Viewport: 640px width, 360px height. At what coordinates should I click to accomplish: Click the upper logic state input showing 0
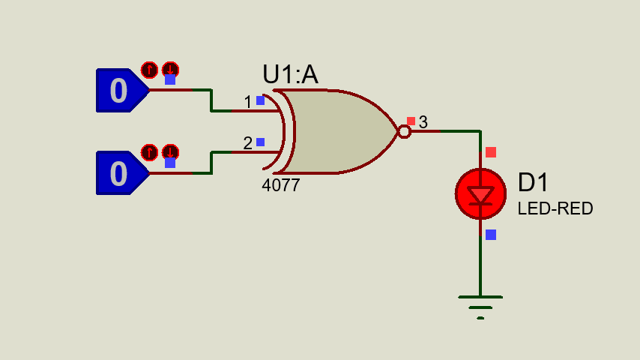[x=119, y=91]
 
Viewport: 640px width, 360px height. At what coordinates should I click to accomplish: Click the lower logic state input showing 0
[x=119, y=173]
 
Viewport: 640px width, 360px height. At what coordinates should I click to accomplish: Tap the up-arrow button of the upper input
[x=149, y=70]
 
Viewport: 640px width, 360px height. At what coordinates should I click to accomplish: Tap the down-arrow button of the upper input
[x=171, y=70]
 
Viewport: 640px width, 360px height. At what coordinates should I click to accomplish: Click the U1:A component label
[x=290, y=75]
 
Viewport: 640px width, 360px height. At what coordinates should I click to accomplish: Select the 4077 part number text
[x=280, y=185]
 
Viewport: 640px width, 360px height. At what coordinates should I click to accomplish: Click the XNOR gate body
[x=337, y=132]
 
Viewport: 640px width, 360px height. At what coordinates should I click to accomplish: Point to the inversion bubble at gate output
[x=404, y=132]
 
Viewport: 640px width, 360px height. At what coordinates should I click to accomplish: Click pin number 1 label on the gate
[x=247, y=102]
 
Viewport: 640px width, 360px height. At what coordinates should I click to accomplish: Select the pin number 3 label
[x=423, y=122]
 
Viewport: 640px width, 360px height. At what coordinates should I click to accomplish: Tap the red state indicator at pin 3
[x=411, y=121]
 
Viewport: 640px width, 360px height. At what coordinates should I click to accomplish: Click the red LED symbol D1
[x=480, y=194]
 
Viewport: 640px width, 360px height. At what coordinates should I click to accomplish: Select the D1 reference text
[x=533, y=183]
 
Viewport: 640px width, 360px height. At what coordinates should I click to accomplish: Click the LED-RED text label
[x=555, y=208]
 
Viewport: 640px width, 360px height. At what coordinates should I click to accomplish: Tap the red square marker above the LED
[x=491, y=152]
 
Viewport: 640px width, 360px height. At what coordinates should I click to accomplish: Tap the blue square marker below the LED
[x=491, y=235]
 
